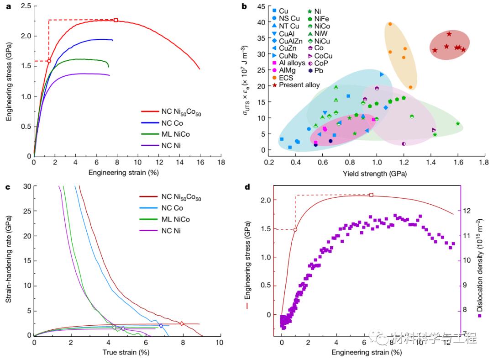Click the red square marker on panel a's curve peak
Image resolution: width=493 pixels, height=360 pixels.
(116, 20)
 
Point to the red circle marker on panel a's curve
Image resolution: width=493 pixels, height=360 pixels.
(49, 61)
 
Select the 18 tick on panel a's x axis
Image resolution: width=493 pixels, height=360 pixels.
(221, 163)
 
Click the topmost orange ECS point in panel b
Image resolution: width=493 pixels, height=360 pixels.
(390, 24)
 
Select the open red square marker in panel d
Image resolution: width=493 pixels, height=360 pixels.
(371, 195)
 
